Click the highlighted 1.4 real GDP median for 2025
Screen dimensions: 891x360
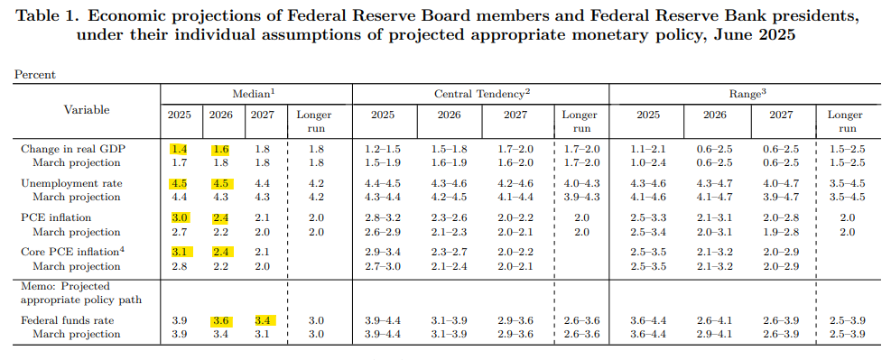click(179, 150)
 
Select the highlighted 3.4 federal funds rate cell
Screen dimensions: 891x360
click(263, 321)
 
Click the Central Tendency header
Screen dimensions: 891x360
click(481, 94)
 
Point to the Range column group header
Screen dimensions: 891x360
click(748, 94)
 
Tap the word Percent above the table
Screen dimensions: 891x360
click(34, 74)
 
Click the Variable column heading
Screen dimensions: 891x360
click(87, 109)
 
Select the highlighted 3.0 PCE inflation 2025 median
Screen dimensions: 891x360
click(179, 218)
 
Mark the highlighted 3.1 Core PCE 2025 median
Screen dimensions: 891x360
click(179, 253)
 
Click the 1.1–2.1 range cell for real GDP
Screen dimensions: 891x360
click(648, 150)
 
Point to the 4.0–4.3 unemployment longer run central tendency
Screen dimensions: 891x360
click(580, 184)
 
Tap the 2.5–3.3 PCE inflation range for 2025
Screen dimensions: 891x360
click(648, 218)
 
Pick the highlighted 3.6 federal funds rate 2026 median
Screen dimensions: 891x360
click(221, 321)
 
